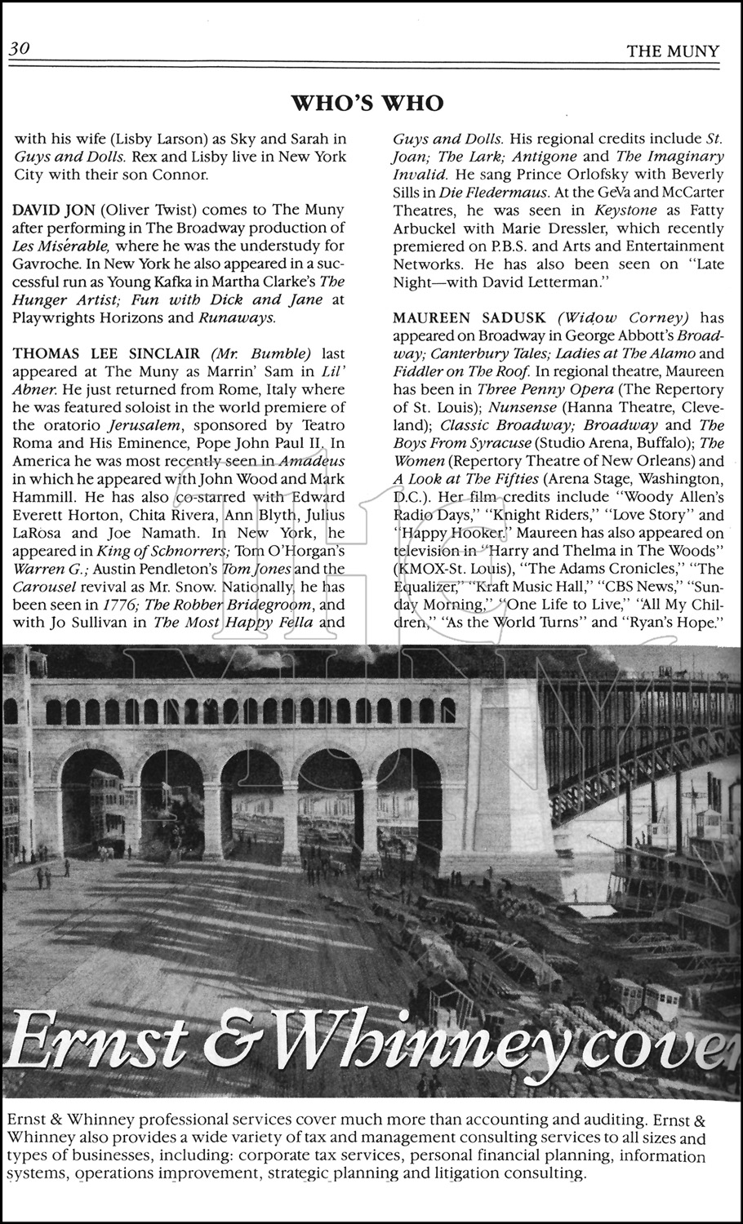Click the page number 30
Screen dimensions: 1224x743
pyautogui.click(x=20, y=49)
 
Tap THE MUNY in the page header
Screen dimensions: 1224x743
pyautogui.click(x=673, y=51)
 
